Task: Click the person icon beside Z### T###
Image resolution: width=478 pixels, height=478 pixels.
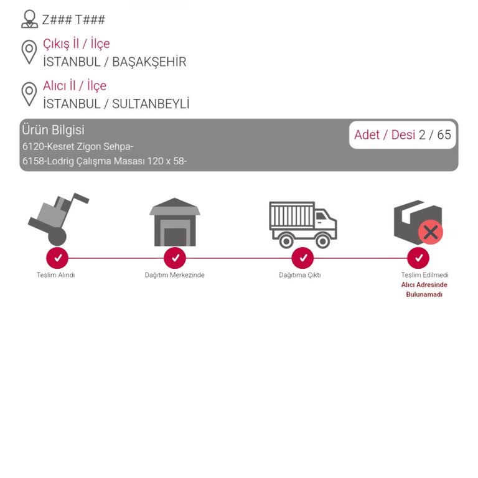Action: click(x=30, y=19)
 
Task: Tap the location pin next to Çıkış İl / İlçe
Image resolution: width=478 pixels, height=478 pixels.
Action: click(x=29, y=52)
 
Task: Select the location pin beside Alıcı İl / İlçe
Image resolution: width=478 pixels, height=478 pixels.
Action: click(x=29, y=94)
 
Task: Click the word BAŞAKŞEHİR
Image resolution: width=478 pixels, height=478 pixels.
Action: click(x=149, y=62)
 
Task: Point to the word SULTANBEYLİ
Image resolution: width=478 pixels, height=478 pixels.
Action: click(x=151, y=104)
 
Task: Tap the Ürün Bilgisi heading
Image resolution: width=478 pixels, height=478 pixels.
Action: click(x=53, y=130)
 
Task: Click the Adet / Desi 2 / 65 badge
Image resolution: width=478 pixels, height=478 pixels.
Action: click(x=403, y=134)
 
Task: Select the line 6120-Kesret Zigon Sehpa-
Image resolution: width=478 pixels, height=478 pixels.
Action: click(x=78, y=147)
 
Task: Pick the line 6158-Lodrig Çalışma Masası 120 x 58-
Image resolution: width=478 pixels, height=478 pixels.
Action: click(x=105, y=161)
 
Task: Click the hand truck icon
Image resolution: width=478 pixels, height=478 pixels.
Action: click(x=58, y=219)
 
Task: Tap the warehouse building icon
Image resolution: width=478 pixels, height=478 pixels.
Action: click(x=175, y=222)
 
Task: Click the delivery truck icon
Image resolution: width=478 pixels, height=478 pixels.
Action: click(x=303, y=225)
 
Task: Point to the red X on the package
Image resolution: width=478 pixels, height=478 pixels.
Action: click(x=431, y=232)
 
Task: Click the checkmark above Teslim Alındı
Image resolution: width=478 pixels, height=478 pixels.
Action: click(x=57, y=258)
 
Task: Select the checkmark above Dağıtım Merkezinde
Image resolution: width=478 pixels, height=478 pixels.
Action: click(x=175, y=258)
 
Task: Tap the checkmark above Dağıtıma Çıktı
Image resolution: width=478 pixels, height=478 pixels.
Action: click(x=302, y=258)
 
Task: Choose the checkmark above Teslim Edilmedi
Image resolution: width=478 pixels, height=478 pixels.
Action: click(x=418, y=258)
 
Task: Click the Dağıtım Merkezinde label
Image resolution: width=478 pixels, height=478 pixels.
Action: click(x=175, y=275)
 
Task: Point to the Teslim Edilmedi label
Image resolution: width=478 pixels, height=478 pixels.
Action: click(x=424, y=275)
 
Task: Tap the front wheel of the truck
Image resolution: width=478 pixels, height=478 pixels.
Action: click(x=322, y=241)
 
